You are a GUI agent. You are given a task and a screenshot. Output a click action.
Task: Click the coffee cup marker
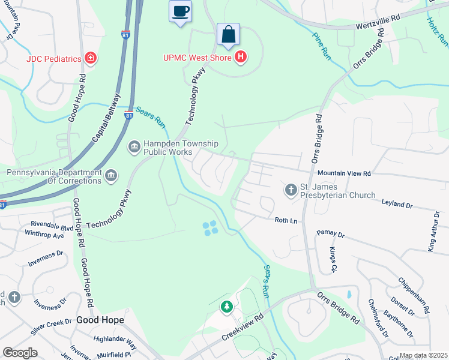point(180,11)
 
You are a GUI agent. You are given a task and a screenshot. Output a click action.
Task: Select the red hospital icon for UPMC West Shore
point(241,57)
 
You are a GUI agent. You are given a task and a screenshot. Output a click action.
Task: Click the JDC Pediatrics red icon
point(91,58)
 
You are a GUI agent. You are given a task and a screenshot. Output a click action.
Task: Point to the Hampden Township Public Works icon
point(134,146)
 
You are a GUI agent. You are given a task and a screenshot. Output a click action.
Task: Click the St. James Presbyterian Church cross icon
point(291,190)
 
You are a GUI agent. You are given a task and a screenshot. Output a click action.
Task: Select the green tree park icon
point(226,307)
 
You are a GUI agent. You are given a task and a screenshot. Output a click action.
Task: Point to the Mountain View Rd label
point(345,173)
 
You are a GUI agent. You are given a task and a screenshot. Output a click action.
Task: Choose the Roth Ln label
point(286,221)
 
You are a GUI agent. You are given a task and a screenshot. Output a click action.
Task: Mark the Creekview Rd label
point(243,327)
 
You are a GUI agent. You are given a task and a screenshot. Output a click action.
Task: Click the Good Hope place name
point(95,320)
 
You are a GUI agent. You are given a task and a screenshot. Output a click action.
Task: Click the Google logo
point(20,353)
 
